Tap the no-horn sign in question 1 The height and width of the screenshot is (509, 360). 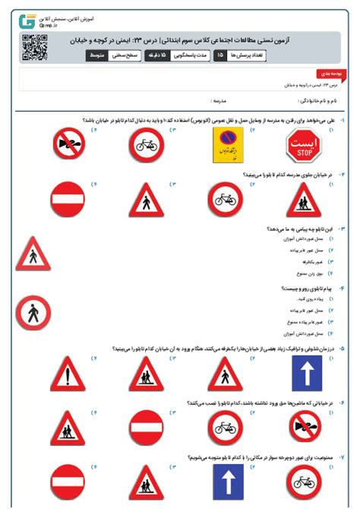[70, 142]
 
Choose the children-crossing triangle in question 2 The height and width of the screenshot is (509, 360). [304, 201]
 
